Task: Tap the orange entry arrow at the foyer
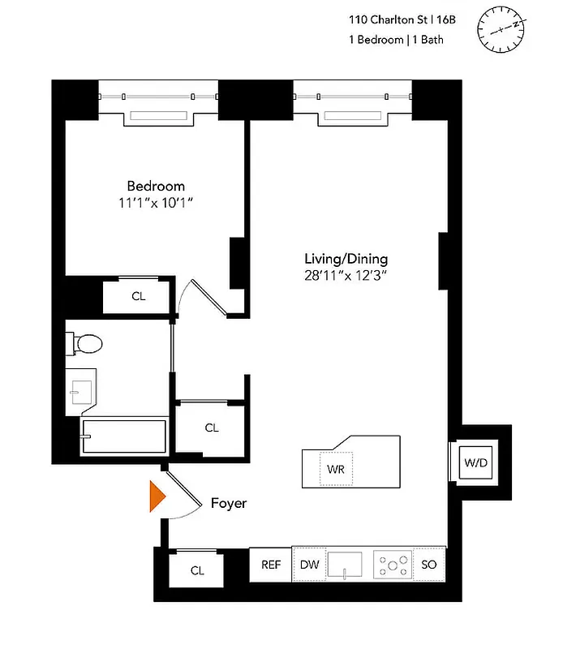click(x=156, y=497)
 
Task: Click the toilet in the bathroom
click(x=85, y=344)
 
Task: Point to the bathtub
click(x=123, y=437)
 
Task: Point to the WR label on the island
click(x=336, y=470)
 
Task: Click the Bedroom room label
click(x=155, y=186)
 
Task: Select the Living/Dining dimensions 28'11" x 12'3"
click(x=346, y=275)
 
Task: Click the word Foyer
click(x=228, y=503)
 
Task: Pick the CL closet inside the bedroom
click(x=139, y=296)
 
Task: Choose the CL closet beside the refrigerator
click(x=197, y=570)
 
